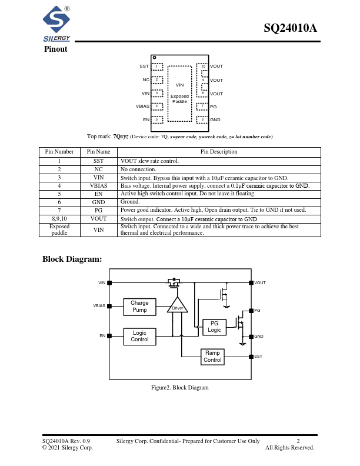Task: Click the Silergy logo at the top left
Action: [x=56, y=24]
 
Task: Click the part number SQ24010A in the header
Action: [x=290, y=28]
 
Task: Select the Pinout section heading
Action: [x=55, y=49]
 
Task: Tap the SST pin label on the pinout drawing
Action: [x=144, y=66]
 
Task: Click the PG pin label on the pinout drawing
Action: [x=213, y=106]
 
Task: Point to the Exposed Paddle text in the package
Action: [x=179, y=98]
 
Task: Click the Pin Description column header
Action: [x=219, y=151]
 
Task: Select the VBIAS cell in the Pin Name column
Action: [x=98, y=185]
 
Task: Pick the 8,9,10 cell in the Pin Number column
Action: [x=59, y=218]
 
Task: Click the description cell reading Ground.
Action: [x=130, y=202]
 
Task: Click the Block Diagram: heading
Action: [x=72, y=259]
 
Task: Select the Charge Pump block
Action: [x=139, y=307]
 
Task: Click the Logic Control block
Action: [x=139, y=336]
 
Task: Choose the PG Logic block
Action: [x=214, y=327]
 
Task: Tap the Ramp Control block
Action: [x=212, y=357]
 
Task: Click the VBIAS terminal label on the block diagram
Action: [x=99, y=306]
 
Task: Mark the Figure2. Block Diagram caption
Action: [x=180, y=387]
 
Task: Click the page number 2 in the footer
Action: [x=298, y=441]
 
